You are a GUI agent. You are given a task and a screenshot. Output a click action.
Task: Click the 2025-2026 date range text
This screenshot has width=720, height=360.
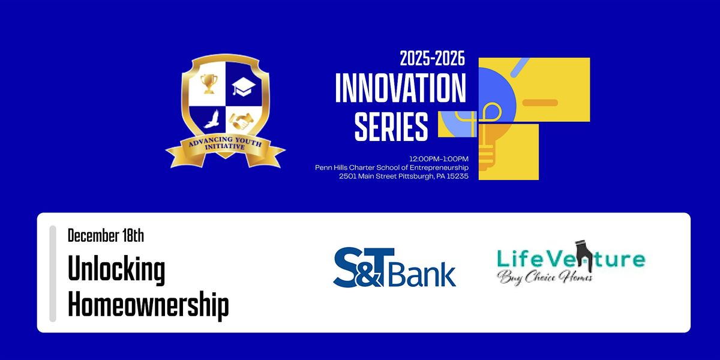coord(433,60)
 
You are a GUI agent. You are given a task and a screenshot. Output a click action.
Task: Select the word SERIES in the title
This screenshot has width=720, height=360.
coord(391,127)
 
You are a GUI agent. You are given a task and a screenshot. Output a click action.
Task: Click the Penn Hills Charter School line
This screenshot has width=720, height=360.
coord(392,167)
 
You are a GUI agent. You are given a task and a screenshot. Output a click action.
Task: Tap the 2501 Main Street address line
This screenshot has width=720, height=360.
coord(403,176)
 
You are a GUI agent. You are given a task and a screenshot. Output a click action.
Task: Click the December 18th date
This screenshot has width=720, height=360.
coord(106,235)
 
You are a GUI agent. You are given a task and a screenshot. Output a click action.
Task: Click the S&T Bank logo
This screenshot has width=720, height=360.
coord(394,268)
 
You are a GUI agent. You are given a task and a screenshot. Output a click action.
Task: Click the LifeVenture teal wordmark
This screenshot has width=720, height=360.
coord(571,259)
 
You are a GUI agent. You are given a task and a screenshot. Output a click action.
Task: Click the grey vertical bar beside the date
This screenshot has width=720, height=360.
coord(53,273)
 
